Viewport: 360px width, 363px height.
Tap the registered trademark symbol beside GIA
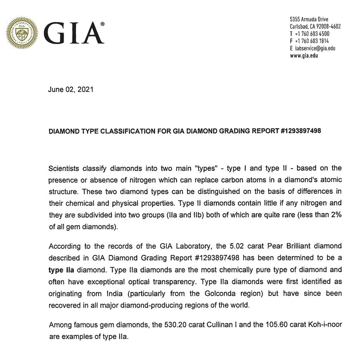tap(102, 24)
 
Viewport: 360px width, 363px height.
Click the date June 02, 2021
tap(71, 89)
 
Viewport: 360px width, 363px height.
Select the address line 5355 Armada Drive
tap(309, 19)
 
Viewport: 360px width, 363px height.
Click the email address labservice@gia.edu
tap(315, 48)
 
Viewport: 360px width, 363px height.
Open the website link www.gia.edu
tap(304, 55)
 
